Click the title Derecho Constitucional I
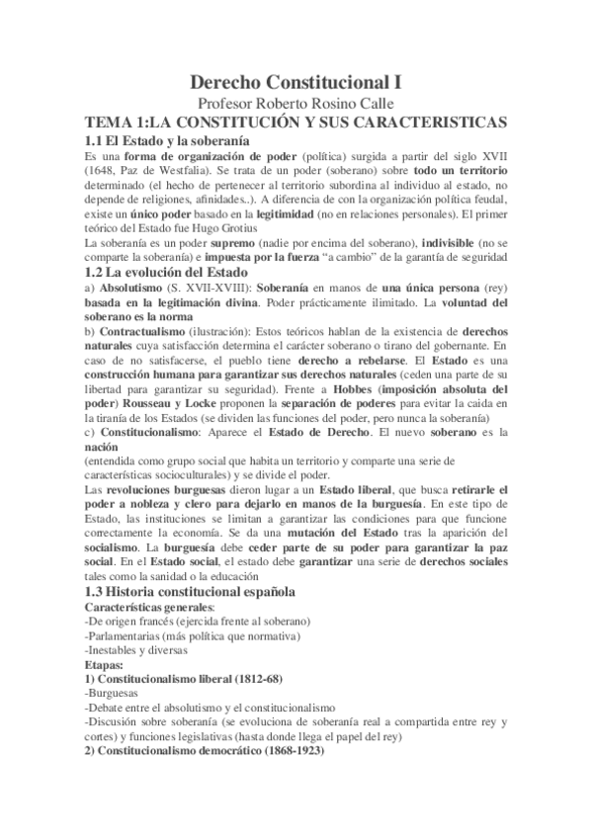295,83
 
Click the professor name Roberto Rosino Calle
295,104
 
